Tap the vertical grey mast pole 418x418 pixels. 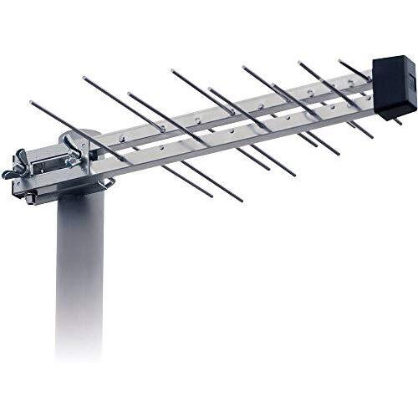[79, 268]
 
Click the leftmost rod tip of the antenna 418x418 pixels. [31, 104]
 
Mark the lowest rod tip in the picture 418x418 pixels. [241, 201]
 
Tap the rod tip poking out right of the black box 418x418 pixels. [399, 122]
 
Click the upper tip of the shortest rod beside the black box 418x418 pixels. [340, 61]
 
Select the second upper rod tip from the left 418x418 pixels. [84, 79]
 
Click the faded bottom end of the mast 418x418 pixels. [79, 351]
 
